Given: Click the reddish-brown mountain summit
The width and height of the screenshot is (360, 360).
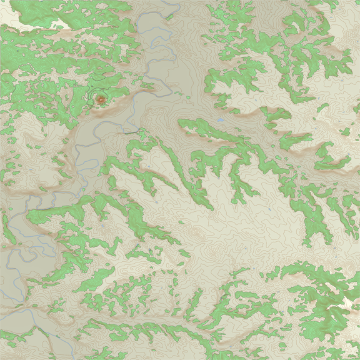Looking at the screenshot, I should click(x=100, y=98).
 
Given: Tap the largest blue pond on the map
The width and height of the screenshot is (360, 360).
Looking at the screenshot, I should click(x=219, y=119).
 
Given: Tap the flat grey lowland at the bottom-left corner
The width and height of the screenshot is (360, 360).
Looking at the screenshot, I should click(x=25, y=325).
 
